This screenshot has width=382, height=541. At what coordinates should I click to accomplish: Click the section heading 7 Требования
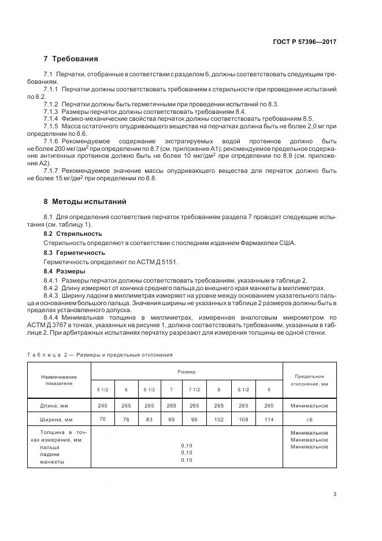pyautogui.click(x=71, y=59)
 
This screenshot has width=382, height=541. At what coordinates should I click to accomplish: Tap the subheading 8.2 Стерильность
pyautogui.click(x=73, y=234)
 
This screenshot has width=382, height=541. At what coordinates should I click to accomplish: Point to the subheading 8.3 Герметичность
pyautogui.click(x=75, y=253)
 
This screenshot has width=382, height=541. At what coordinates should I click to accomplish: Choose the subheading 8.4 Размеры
pyautogui.click(x=64, y=271)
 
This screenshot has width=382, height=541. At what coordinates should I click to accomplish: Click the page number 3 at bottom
pyautogui.click(x=335, y=494)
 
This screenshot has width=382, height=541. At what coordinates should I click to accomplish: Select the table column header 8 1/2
pyautogui.click(x=243, y=390)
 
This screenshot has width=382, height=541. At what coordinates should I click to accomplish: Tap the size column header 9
pyautogui.click(x=269, y=390)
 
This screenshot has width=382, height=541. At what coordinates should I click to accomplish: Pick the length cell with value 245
pyautogui.click(x=103, y=406)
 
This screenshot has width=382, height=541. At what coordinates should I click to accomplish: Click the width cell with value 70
pyautogui.click(x=103, y=419)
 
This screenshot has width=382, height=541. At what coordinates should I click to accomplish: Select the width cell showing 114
pyautogui.click(x=269, y=420)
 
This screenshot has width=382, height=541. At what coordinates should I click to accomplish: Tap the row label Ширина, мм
pyautogui.click(x=58, y=420)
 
